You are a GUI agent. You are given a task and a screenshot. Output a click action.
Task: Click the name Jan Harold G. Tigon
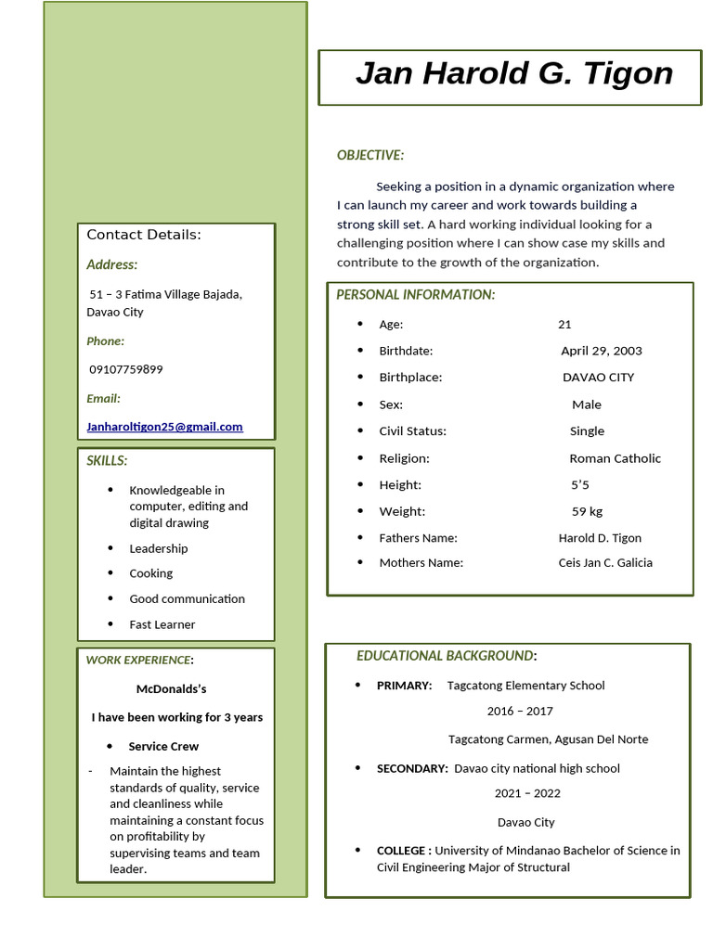point(513,73)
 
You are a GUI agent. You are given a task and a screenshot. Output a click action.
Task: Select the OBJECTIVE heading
point(369,155)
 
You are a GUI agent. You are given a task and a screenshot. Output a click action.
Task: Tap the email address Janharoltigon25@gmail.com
point(164,427)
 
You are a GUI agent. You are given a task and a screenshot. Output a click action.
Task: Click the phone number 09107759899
point(125,369)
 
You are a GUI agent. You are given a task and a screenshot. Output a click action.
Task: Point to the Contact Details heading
point(144,235)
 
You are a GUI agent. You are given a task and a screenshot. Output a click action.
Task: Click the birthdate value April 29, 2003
point(601,351)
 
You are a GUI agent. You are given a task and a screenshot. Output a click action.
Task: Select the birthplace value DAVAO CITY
point(598,378)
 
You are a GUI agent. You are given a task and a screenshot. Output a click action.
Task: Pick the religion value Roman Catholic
point(615,458)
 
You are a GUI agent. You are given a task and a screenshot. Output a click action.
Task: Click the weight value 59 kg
point(587,511)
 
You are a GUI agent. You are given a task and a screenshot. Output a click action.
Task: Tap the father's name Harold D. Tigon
point(599,538)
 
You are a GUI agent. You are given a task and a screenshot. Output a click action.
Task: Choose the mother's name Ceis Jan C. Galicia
point(604,563)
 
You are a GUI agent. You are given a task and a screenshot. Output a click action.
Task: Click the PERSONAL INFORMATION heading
point(415,295)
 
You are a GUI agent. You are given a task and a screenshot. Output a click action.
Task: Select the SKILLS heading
point(107,461)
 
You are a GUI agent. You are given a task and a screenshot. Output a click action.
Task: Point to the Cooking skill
point(150,573)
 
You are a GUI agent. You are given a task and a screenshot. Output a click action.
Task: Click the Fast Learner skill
point(162,624)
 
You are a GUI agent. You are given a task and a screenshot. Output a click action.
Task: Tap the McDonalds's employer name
point(171,689)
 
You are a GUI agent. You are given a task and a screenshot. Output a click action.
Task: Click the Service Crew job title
point(163,747)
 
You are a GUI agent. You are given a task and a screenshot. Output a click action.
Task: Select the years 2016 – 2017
point(519,712)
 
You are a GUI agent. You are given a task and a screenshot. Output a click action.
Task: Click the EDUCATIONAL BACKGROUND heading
point(446,656)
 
